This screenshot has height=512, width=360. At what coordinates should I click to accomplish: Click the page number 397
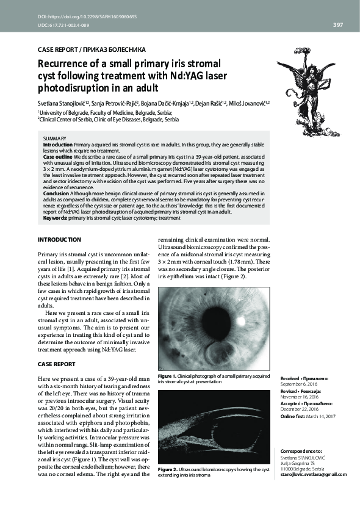click(337, 25)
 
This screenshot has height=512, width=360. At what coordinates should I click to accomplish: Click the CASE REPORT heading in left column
click(57, 364)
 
